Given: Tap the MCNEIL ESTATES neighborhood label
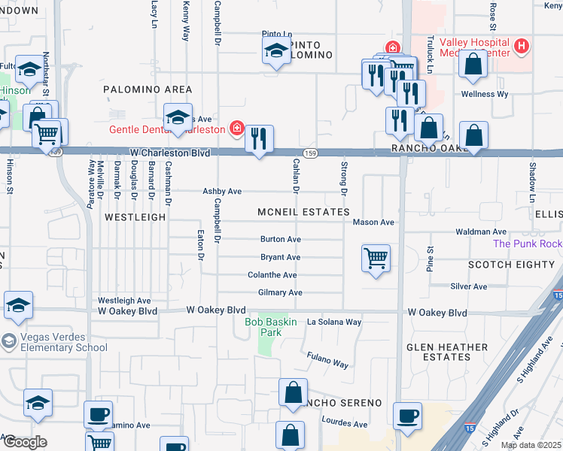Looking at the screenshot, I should click(x=303, y=213).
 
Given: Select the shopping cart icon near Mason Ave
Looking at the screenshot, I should click(x=376, y=259).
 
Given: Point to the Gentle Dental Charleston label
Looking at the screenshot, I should click(x=167, y=129).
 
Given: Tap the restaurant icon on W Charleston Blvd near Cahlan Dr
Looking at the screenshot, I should click(x=259, y=139).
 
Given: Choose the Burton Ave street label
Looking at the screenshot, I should click(x=280, y=239).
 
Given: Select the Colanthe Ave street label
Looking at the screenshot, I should click(x=272, y=275).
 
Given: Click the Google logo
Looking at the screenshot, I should click(x=24, y=442).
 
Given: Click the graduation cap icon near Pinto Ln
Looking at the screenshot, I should click(x=276, y=52).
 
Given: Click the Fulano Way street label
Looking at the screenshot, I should click(x=327, y=360).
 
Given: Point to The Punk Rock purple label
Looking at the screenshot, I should click(x=528, y=244).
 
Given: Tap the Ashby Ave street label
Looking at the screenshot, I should click(x=222, y=192).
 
